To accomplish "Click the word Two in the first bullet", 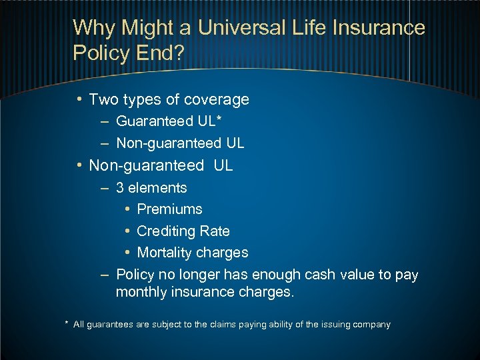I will [x=103, y=100].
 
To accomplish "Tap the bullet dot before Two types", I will [x=79, y=100].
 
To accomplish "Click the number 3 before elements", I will [x=120, y=188].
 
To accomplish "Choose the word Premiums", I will [x=169, y=209].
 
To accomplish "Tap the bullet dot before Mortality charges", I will [x=127, y=253].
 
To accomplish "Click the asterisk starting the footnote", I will [x=67, y=323].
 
